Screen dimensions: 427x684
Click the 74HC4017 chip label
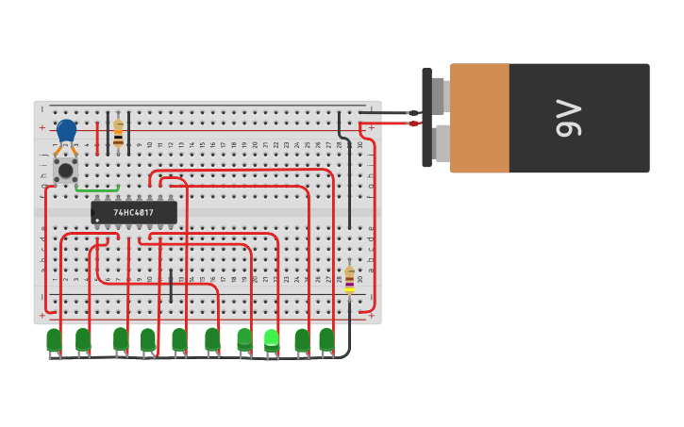point(133,213)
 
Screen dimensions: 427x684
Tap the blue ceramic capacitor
point(66,130)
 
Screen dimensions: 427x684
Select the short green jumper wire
point(97,190)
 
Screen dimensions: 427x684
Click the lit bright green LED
point(272,338)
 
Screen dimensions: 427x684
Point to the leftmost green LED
point(54,339)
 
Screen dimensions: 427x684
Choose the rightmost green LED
point(326,338)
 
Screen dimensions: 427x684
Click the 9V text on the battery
point(569,118)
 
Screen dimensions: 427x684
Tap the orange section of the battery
point(479,118)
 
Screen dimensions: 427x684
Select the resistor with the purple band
point(349,279)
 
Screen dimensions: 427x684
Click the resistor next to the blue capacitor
point(118,133)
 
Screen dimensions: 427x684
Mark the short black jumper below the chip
point(171,286)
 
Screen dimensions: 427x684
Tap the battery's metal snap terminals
point(440,118)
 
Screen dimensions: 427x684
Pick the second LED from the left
point(83,339)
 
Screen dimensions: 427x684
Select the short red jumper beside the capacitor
point(97,138)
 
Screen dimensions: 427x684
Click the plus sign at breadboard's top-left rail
point(42,127)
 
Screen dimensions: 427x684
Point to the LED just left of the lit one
point(244,338)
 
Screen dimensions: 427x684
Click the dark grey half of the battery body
point(578,118)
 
